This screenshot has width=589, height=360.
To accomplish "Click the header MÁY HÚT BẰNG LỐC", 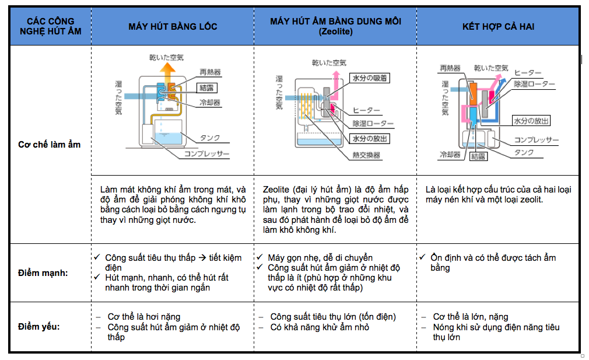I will click(x=173, y=27).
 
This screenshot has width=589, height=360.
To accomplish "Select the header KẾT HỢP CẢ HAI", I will click(x=498, y=27).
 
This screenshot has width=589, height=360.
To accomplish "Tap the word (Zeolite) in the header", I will click(x=335, y=32).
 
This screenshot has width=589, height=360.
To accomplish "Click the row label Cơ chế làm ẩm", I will click(x=49, y=144).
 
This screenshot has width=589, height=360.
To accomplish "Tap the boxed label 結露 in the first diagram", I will click(x=206, y=88).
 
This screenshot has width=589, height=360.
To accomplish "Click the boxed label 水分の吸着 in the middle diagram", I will click(x=370, y=78).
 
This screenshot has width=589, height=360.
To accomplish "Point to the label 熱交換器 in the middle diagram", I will click(x=366, y=155).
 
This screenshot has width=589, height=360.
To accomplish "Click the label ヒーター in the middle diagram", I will click(x=366, y=110).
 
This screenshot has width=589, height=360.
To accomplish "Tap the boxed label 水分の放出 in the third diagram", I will click(x=531, y=121).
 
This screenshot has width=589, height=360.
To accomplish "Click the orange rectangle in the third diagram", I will click(x=473, y=93).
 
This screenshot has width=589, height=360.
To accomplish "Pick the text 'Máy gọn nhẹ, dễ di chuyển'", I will click(x=320, y=257).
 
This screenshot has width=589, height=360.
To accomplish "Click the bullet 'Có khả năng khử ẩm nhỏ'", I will click(x=319, y=327).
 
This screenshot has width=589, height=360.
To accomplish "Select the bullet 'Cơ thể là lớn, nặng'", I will click(x=470, y=317).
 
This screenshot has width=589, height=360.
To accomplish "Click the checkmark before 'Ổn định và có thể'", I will click(x=422, y=257).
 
